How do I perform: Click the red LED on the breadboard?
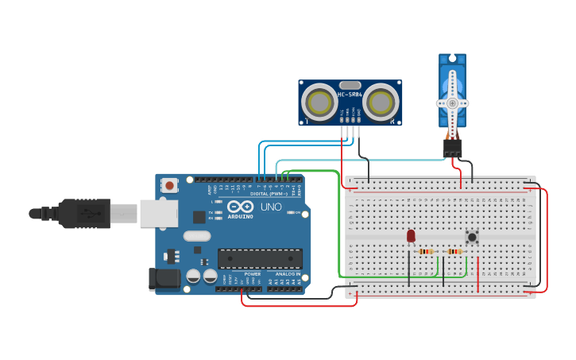tap(411, 236)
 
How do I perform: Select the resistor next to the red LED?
tap(426, 252)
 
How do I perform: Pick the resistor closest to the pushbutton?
tap(454, 252)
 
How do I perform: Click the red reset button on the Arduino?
tap(169, 185)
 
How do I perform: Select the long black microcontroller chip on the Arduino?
tap(260, 258)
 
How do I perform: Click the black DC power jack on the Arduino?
tap(163, 278)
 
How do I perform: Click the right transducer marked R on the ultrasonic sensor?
tap(381, 103)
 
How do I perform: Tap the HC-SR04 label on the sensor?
tap(350, 95)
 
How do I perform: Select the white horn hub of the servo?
tap(452, 103)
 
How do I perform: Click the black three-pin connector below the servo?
tap(452, 148)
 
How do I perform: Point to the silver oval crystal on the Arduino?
tap(196, 236)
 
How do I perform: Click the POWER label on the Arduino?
tap(252, 274)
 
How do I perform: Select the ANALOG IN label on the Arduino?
tap(288, 274)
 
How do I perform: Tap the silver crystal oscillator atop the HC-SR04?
tap(350, 84)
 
